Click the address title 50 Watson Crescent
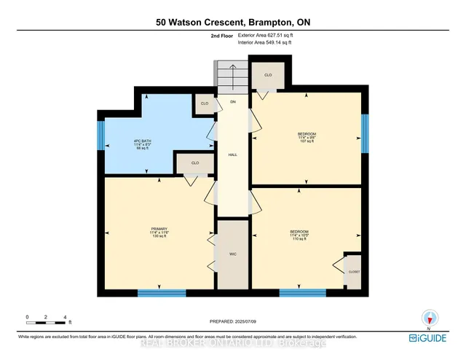tap(232, 22)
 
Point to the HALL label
tap(233, 154)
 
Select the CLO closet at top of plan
tap(268, 74)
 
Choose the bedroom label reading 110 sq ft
tap(299, 237)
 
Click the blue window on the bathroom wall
tap(101, 136)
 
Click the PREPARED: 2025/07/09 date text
tap(233, 321)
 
